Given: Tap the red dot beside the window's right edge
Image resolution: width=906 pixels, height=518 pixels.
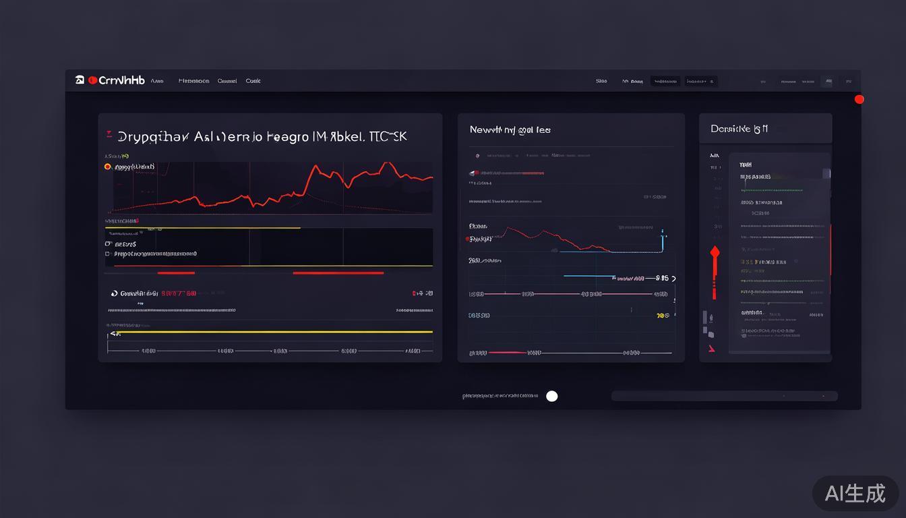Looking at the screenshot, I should coord(859,99).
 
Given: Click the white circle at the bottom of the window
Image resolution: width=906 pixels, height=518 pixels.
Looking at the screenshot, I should coord(551,396).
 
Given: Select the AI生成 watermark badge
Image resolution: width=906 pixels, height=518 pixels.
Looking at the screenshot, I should coord(855,493).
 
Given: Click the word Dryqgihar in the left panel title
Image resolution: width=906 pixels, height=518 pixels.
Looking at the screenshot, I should coord(154,136).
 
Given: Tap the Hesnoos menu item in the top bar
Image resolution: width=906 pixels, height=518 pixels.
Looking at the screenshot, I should coord(193,81).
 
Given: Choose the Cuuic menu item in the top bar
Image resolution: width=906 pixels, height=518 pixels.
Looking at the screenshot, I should coord(253,81).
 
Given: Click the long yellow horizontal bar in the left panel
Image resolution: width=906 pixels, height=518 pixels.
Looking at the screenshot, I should coord(270,332).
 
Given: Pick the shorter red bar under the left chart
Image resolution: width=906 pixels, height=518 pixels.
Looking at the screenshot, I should coord(176,273).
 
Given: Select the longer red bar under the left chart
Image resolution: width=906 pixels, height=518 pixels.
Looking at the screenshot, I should coord(338,273).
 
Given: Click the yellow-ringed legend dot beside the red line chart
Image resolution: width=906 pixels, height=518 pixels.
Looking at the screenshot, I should coord(107,167).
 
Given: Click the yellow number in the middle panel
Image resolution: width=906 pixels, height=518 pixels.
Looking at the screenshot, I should coord(662,315).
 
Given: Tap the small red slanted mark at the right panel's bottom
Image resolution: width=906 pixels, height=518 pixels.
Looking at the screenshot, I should coord(711,349).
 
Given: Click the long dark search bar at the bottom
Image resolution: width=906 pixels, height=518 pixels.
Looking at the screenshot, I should coord(724,396).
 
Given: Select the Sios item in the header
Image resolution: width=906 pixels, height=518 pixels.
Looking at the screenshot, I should coord(601,81).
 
